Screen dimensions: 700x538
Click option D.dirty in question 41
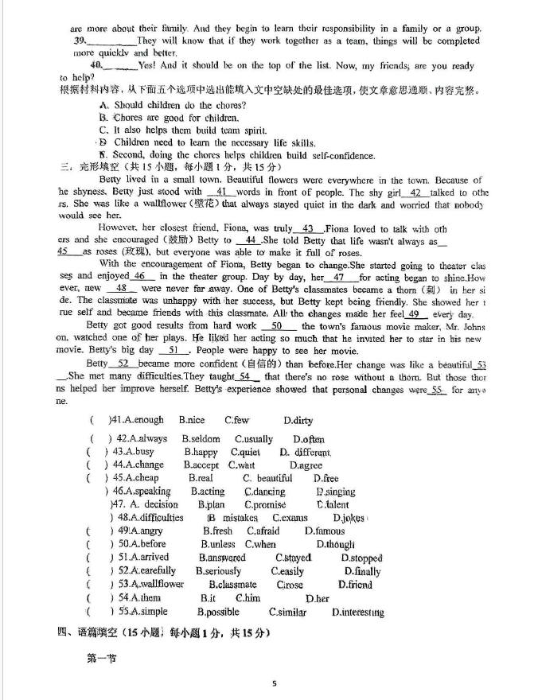point(298,421)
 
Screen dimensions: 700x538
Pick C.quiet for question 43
point(246,452)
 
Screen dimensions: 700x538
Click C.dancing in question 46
point(265,492)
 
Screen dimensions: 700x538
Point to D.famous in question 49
point(325,531)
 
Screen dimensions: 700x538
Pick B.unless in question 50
point(218,545)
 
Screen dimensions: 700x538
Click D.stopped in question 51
point(361,558)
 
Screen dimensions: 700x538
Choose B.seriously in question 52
point(218,571)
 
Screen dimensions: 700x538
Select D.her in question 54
point(318,598)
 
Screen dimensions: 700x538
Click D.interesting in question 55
point(357,612)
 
